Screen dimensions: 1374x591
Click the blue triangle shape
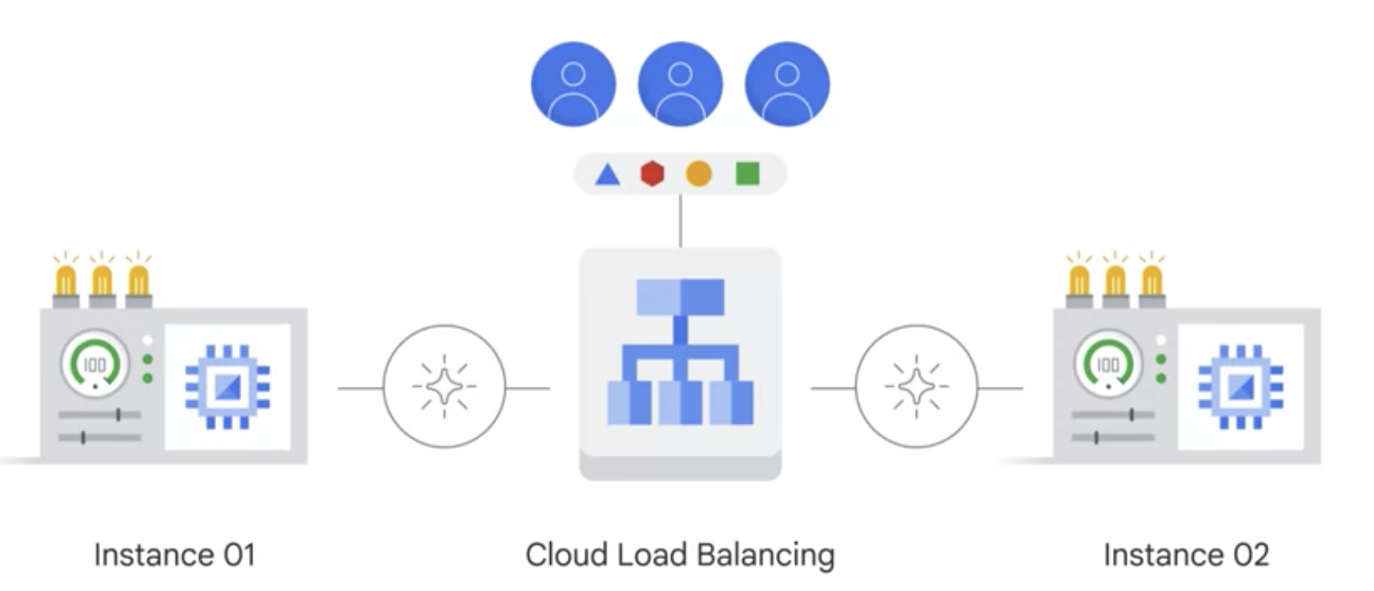pyautogui.click(x=608, y=174)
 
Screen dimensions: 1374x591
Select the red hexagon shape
pyautogui.click(x=653, y=173)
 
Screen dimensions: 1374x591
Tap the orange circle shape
pyautogui.click(x=698, y=173)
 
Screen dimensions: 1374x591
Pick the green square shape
pyautogui.click(x=747, y=173)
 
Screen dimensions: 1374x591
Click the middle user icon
pyautogui.click(x=680, y=84)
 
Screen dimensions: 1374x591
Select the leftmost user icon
pyautogui.click(x=573, y=84)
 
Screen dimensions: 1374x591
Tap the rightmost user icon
pyautogui.click(x=787, y=84)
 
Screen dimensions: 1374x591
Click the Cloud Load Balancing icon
pyautogui.click(x=681, y=352)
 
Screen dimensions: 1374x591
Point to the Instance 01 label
pyautogui.click(x=175, y=555)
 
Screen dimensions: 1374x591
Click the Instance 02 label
pyautogui.click(x=1186, y=555)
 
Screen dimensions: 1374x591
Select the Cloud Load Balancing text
pyautogui.click(x=680, y=555)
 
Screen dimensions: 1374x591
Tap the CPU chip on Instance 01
pyautogui.click(x=227, y=388)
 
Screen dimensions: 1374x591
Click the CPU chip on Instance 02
pyautogui.click(x=1240, y=388)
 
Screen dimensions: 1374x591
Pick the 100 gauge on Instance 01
pyautogui.click(x=95, y=364)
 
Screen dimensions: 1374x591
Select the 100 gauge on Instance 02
pyautogui.click(x=1108, y=364)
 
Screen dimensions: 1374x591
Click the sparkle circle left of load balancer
pyautogui.click(x=444, y=386)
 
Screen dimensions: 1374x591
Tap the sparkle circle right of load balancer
pyautogui.click(x=917, y=386)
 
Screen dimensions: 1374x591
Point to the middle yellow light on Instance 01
pyautogui.click(x=102, y=280)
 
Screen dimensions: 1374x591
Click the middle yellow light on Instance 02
pyautogui.click(x=1115, y=280)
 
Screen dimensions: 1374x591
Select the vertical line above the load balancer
pyautogui.click(x=681, y=221)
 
